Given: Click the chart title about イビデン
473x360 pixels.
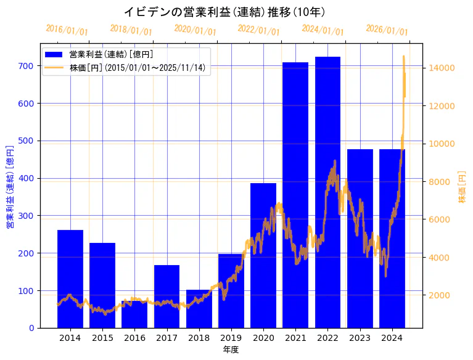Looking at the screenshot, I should coord(224,12).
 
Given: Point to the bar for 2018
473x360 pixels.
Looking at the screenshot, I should coord(199,309).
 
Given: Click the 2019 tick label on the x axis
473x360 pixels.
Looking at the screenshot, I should coord(231,338).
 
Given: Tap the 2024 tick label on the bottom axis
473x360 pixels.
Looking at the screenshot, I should coord(392,338).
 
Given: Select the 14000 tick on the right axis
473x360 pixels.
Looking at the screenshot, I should coord(442,68).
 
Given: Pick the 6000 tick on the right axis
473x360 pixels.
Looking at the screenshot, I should coord(440,219).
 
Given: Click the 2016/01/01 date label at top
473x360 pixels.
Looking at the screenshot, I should coord(67,30).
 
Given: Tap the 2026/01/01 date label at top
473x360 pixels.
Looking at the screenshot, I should coord(387,30).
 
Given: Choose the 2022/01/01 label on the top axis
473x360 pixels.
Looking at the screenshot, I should coord(258,30).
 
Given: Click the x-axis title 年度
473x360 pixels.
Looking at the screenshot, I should coord(231,350).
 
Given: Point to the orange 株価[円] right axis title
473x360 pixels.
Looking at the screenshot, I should coord(463,187).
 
